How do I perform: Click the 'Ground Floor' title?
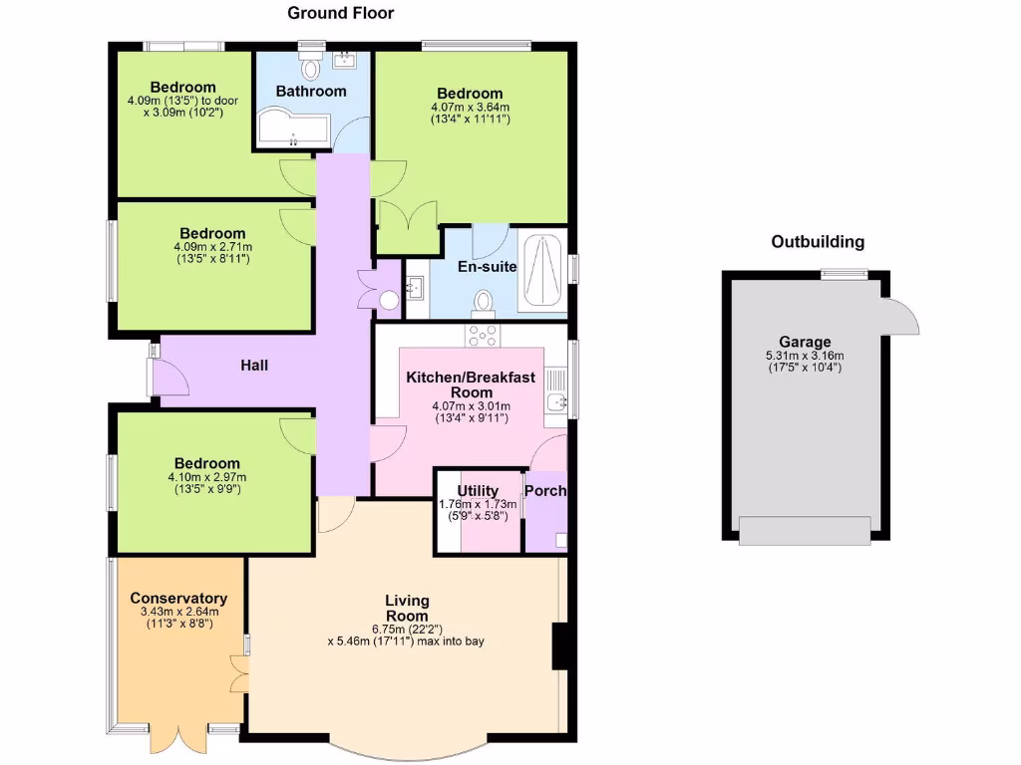(340, 13)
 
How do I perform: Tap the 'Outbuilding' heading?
(818, 242)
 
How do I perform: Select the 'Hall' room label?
(254, 366)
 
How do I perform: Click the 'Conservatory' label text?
(178, 599)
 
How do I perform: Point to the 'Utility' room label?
(478, 491)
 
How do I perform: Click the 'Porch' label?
(545, 491)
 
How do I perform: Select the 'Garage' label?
(806, 342)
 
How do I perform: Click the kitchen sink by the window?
(555, 400)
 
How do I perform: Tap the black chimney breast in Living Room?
(559, 646)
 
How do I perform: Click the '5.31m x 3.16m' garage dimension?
(805, 356)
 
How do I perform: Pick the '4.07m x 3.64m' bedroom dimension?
(470, 108)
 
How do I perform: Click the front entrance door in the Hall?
(168, 379)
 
